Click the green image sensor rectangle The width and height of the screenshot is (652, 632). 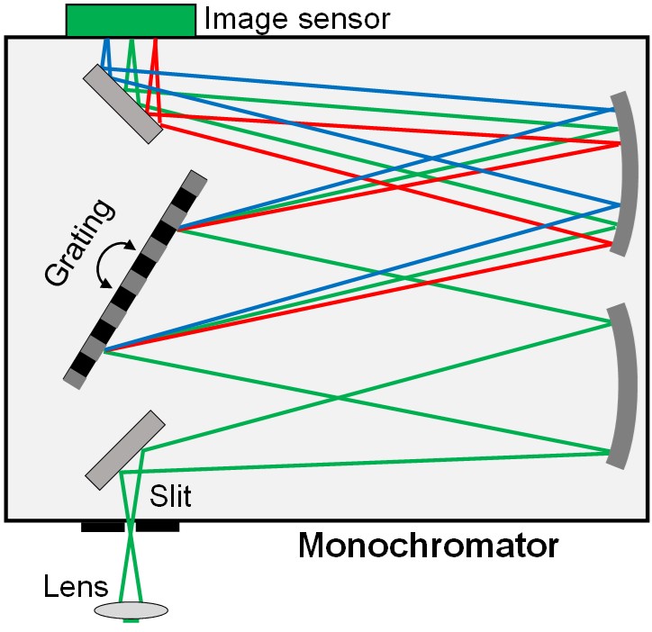(131, 20)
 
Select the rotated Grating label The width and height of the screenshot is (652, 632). (80, 243)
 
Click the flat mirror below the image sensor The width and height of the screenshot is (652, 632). (123, 103)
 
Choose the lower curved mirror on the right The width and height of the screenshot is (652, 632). (622, 386)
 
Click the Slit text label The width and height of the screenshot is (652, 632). (171, 496)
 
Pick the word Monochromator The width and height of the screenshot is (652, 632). (428, 546)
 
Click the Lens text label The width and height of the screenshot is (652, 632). (76, 589)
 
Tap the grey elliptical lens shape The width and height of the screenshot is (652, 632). (131, 610)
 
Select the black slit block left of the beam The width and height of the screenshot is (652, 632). (103, 527)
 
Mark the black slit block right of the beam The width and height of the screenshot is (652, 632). (158, 527)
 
